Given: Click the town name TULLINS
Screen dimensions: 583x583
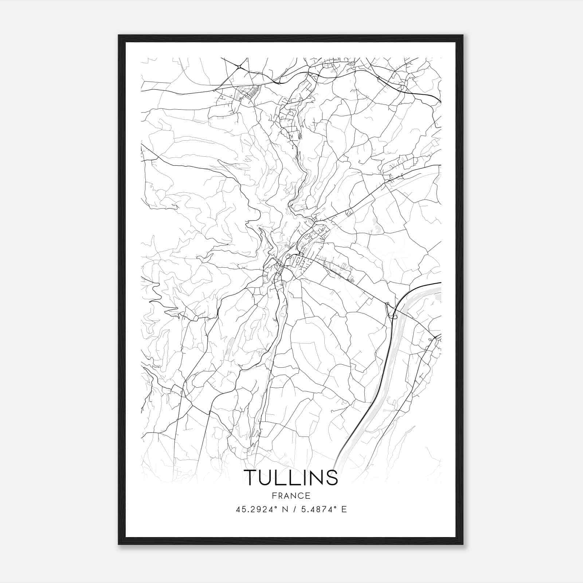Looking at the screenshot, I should tap(291, 478).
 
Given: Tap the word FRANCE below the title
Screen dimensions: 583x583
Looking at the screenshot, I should tap(291, 496).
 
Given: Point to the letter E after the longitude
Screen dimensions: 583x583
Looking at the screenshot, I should tap(344, 509).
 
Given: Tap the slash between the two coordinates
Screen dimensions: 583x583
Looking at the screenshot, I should tap(294, 509).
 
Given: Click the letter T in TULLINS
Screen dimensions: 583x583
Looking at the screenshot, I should tap(251, 478).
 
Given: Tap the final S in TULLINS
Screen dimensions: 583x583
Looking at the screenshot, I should tap(332, 478).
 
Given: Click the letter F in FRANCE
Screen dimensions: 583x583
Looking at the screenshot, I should tap(273, 496).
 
